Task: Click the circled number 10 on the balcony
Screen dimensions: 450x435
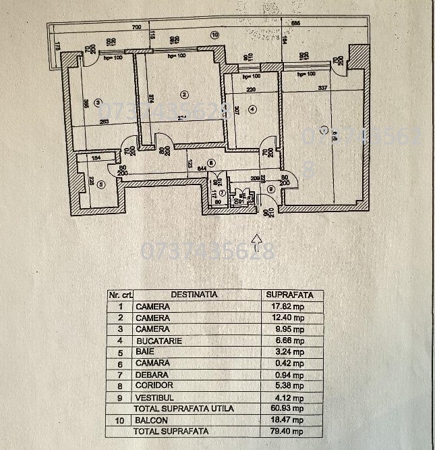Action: pyautogui.click(x=215, y=34)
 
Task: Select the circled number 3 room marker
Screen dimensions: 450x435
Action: pyautogui.click(x=98, y=103)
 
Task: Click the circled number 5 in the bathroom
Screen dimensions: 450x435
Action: pyautogui.click(x=100, y=183)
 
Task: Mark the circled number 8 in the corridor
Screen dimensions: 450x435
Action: pyautogui.click(x=211, y=162)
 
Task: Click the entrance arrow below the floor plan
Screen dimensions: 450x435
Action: pyautogui.click(x=256, y=238)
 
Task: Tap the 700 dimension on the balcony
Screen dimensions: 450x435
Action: pyautogui.click(x=136, y=28)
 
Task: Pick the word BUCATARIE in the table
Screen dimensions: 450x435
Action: pyautogui.click(x=159, y=341)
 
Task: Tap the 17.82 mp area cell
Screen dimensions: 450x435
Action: pyautogui.click(x=285, y=307)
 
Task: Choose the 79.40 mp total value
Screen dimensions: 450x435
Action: pyautogui.click(x=285, y=431)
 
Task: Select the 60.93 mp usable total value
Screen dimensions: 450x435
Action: pyautogui.click(x=285, y=409)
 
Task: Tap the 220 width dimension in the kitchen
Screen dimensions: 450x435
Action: pyautogui.click(x=250, y=89)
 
